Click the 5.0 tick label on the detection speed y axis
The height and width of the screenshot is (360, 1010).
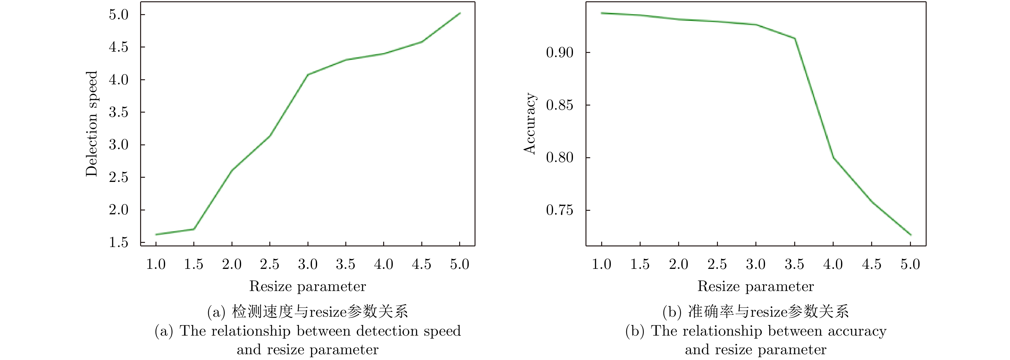tap(118, 15)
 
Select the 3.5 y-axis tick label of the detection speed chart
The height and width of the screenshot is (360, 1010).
tap(118, 113)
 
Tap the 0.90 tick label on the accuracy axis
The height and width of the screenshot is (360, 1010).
tap(560, 53)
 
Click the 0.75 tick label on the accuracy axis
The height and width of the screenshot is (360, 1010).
tap(560, 210)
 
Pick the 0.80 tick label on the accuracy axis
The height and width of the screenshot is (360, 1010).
tap(560, 158)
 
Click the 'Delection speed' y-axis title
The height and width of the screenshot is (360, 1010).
tap(92, 124)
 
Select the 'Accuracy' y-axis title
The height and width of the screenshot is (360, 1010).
tap(530, 124)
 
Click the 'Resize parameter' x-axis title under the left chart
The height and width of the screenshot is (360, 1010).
tap(307, 287)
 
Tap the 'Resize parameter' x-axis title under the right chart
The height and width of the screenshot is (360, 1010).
tap(755, 287)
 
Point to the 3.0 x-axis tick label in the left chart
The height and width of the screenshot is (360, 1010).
tap(307, 264)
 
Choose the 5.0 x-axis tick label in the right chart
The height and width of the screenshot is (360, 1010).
tap(910, 264)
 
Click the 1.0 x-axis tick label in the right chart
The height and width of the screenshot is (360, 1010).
tap(601, 264)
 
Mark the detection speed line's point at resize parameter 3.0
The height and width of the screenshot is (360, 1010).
tap(308, 74)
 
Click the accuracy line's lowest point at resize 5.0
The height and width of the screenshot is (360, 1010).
tap(910, 235)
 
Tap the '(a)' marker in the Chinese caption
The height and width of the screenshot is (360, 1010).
tap(216, 312)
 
